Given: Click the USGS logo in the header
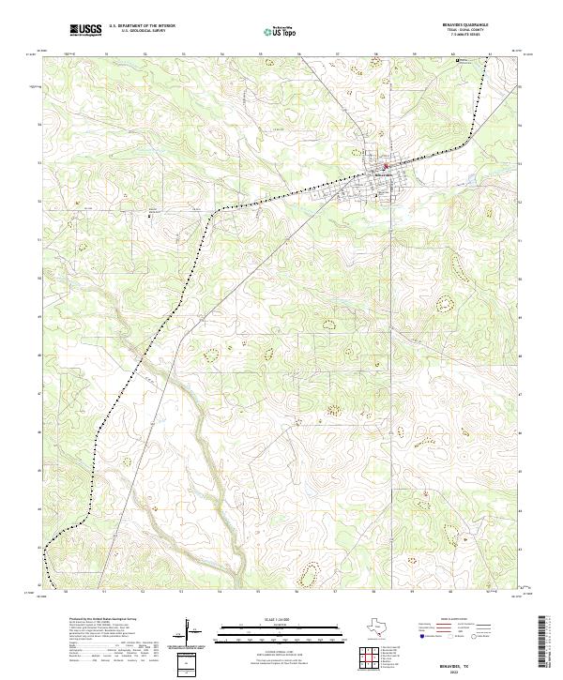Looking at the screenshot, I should (x=85, y=30).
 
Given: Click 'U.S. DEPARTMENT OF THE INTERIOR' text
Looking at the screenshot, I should (x=142, y=26).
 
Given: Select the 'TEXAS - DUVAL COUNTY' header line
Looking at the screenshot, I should (x=465, y=32).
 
